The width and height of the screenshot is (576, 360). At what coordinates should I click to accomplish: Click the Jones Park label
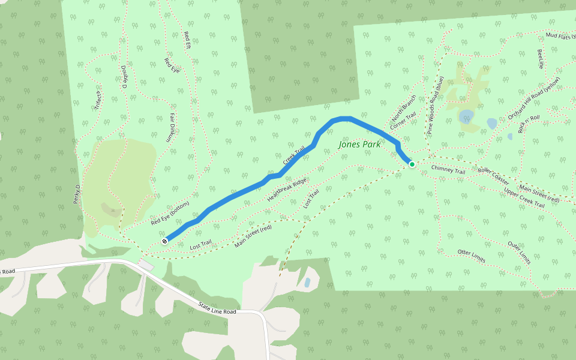pyautogui.click(x=358, y=145)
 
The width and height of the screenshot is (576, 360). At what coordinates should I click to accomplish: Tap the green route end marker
pyautogui.click(x=412, y=164)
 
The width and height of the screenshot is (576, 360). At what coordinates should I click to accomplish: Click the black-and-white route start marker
pyautogui.click(x=164, y=241)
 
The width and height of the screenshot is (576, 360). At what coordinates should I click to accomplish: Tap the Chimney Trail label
pyautogui.click(x=448, y=170)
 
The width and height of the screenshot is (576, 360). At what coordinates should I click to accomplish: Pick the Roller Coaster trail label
pyautogui.click(x=493, y=175)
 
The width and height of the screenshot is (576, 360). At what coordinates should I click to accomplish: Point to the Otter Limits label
pyautogui.click(x=471, y=256)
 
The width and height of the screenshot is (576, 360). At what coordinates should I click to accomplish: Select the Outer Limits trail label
pyautogui.click(x=519, y=253)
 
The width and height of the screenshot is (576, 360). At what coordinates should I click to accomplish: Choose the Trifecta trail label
pyautogui.click(x=98, y=98)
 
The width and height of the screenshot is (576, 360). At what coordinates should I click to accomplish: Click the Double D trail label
pyautogui.click(x=124, y=77)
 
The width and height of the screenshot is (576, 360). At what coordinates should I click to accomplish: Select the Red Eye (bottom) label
pyautogui.click(x=170, y=213)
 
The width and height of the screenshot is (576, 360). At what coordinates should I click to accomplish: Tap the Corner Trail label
pyautogui.click(x=403, y=122)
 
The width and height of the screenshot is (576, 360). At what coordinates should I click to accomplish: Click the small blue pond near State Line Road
pyautogui.click(x=307, y=282)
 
